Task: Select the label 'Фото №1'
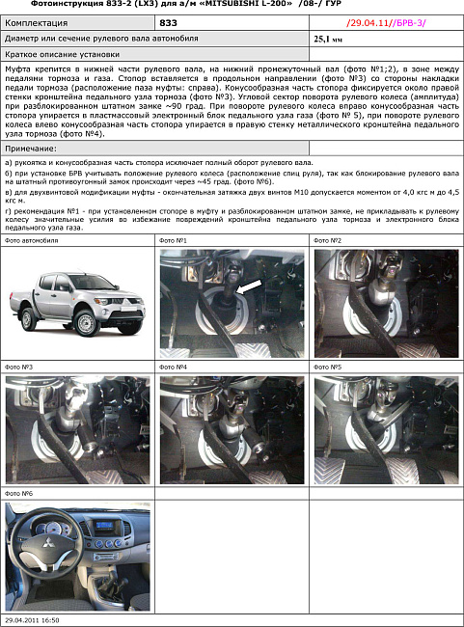pyautogui.click(x=174, y=239)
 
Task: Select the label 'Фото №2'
pyautogui.click(x=329, y=239)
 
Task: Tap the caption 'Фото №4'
pyautogui.click(x=174, y=368)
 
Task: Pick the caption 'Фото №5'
pyautogui.click(x=329, y=368)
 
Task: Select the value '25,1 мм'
pyautogui.click(x=328, y=39)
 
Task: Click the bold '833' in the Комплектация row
pyautogui.click(x=168, y=21)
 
